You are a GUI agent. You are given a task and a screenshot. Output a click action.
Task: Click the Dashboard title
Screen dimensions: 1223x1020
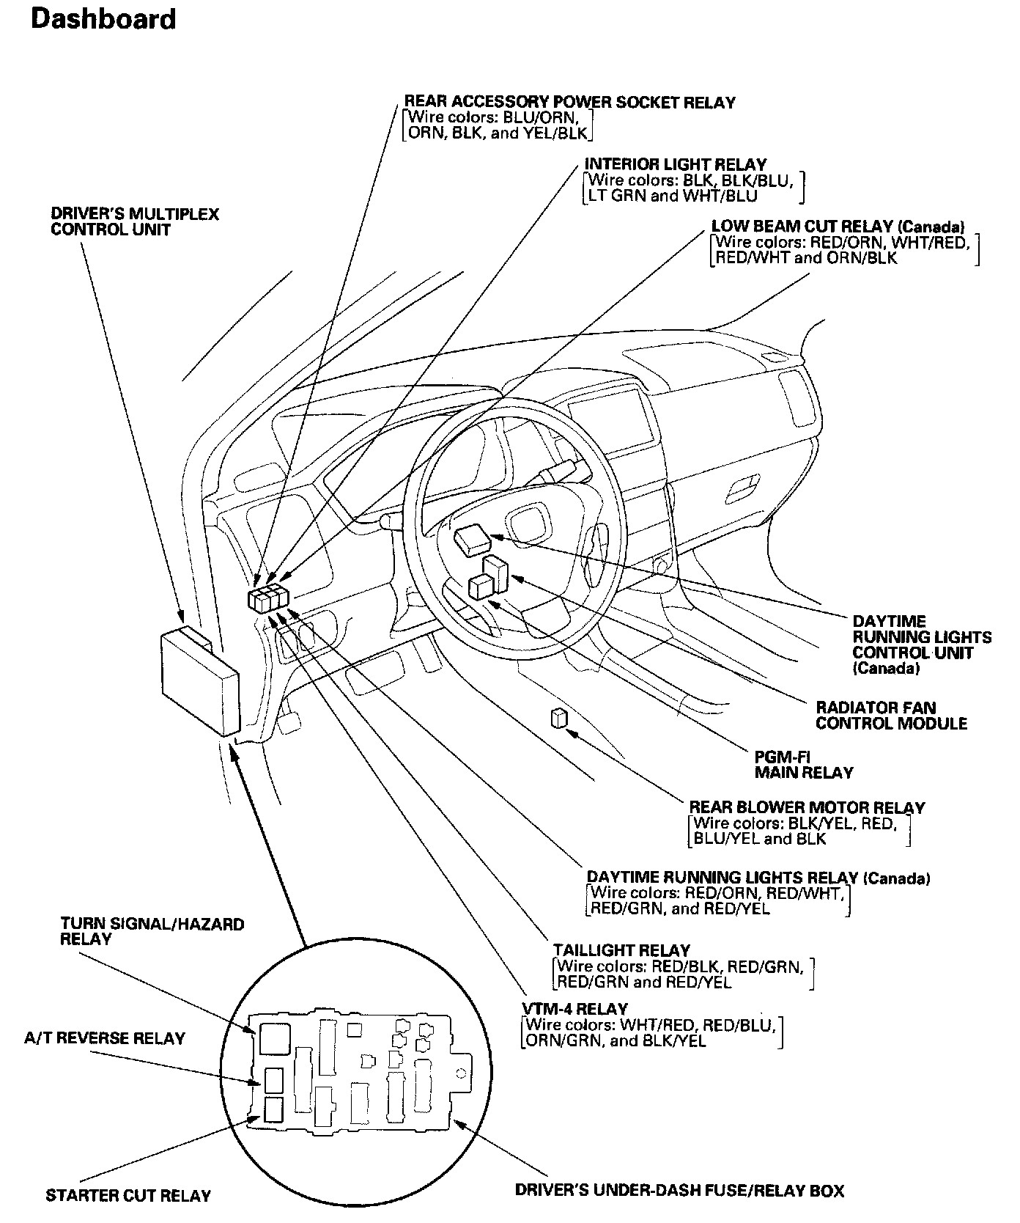click(x=103, y=19)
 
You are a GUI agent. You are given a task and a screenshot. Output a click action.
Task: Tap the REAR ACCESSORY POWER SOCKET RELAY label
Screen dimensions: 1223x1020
click(x=569, y=103)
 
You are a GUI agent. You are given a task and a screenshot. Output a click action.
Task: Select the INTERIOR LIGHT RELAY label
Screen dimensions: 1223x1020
click(x=675, y=165)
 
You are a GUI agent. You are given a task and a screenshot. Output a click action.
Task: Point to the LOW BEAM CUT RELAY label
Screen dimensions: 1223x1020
click(x=838, y=227)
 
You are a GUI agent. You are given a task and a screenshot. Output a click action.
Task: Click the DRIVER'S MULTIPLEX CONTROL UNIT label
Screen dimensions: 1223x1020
click(x=135, y=221)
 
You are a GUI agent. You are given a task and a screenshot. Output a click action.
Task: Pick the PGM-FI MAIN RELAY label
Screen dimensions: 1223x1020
click(x=804, y=764)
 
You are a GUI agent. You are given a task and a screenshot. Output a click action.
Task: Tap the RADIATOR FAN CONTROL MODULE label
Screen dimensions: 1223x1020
click(x=891, y=716)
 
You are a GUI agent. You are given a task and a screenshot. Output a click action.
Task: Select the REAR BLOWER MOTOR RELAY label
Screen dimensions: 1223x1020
click(x=807, y=807)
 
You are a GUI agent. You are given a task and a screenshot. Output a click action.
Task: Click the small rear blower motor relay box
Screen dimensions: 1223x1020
click(x=558, y=719)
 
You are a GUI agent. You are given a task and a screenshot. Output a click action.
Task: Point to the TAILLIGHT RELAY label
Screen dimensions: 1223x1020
click(x=621, y=950)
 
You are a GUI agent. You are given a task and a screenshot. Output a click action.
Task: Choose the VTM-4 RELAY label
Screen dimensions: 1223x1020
click(x=575, y=1008)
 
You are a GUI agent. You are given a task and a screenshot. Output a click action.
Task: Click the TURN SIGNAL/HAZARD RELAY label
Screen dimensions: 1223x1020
click(x=152, y=931)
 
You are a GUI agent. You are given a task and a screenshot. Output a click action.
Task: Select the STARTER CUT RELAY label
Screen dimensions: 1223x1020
click(x=128, y=1195)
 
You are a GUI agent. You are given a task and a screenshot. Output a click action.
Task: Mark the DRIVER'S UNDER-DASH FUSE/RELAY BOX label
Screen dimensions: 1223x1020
click(x=679, y=1190)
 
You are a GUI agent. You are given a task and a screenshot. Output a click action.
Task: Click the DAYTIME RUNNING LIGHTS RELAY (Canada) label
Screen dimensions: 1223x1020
click(x=758, y=878)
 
